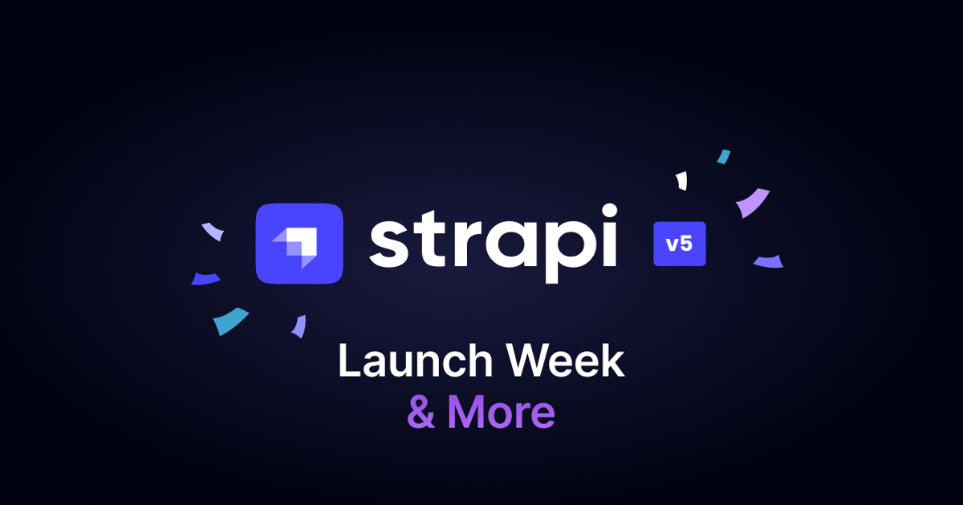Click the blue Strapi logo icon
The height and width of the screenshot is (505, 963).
tap(299, 244)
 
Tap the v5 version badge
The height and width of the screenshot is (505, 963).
tap(680, 244)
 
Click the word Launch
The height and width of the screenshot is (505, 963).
tap(416, 360)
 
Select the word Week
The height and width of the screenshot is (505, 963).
tap(565, 360)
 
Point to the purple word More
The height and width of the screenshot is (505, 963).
tap(502, 412)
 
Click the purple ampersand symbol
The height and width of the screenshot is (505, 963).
tap(421, 412)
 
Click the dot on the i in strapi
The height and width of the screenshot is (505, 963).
tap(609, 212)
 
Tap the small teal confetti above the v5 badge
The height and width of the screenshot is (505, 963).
tap(724, 157)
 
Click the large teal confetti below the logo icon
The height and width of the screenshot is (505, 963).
tap(230, 321)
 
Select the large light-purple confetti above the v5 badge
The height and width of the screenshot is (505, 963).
tap(752, 202)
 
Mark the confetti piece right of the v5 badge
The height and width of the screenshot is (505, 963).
tap(769, 261)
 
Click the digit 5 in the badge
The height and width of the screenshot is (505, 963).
tap(687, 244)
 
